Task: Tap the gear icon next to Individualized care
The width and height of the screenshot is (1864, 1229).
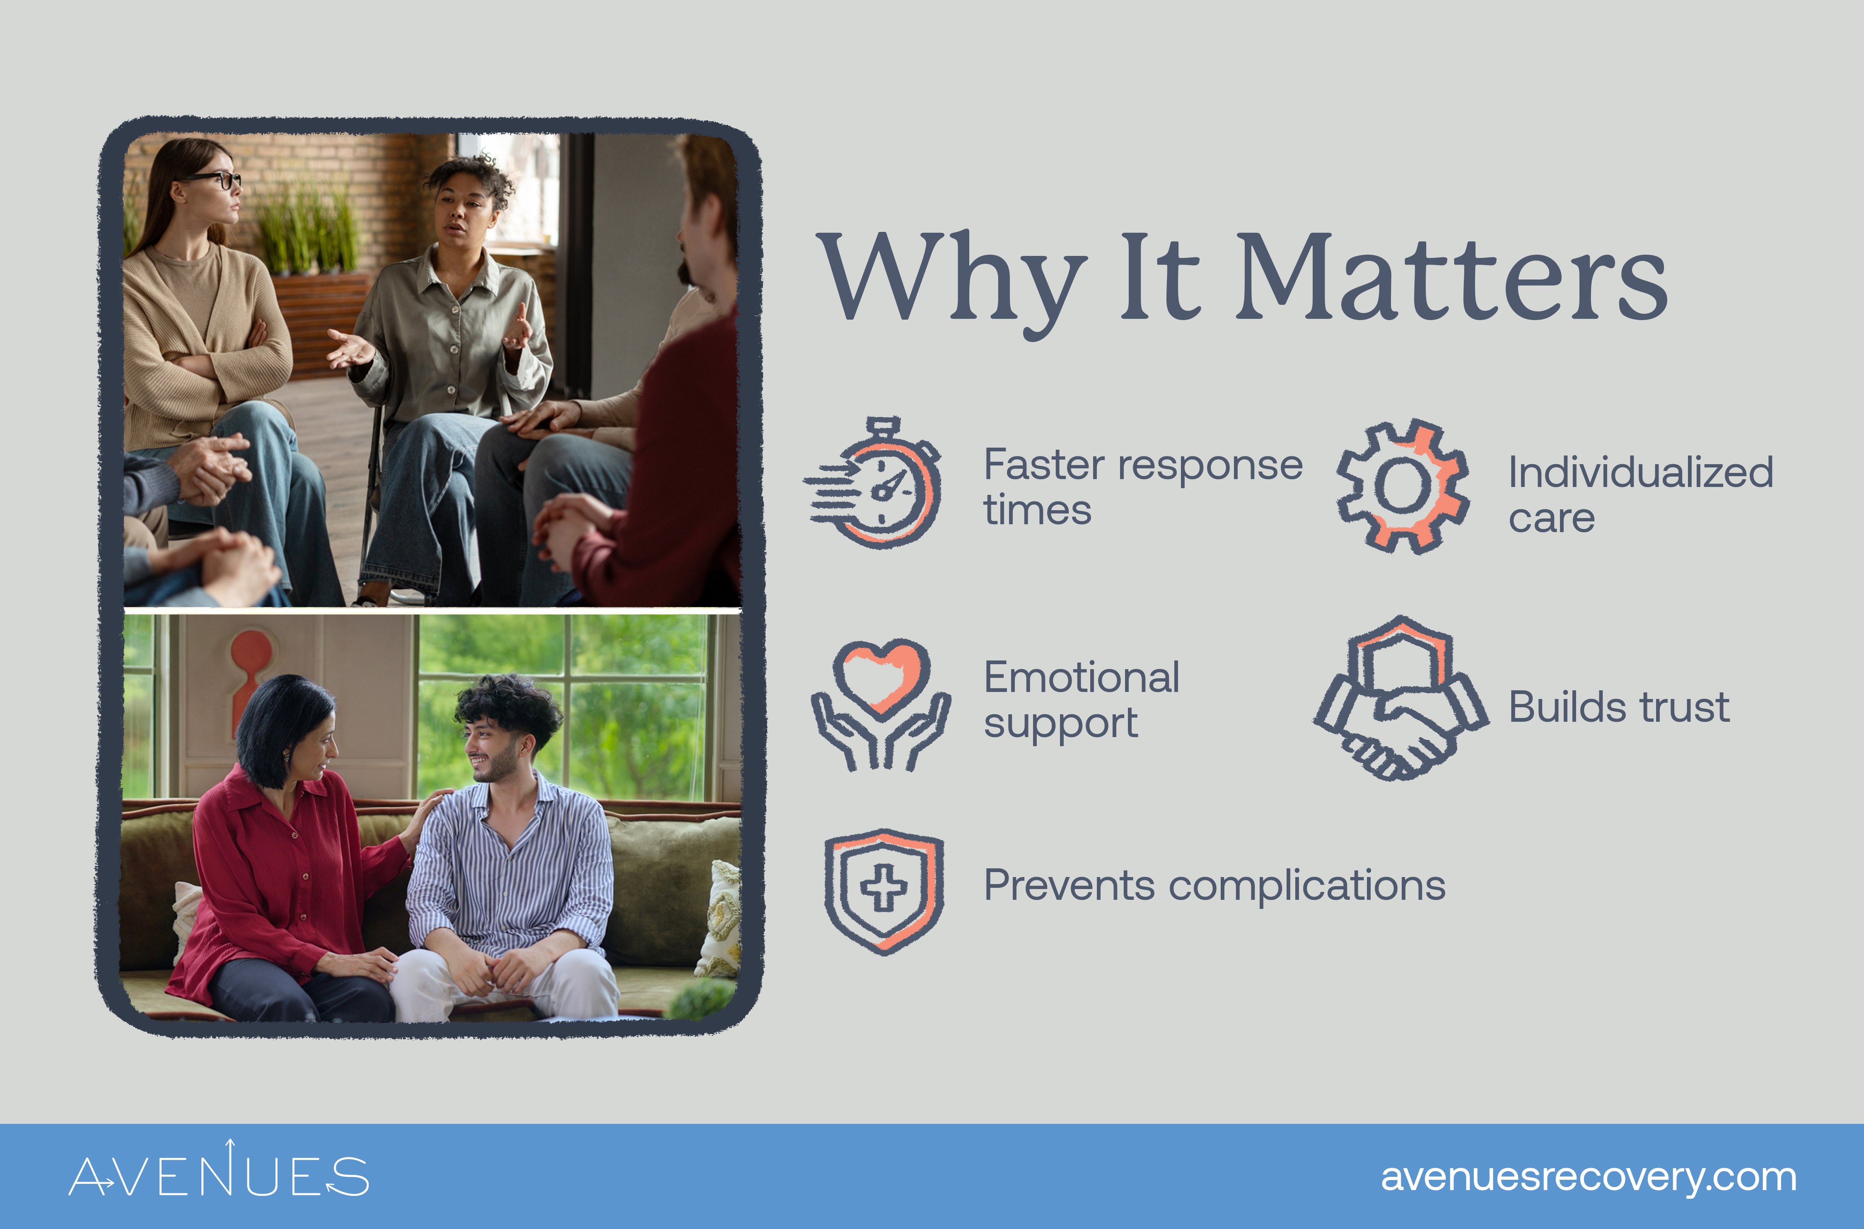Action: pos(1402,486)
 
